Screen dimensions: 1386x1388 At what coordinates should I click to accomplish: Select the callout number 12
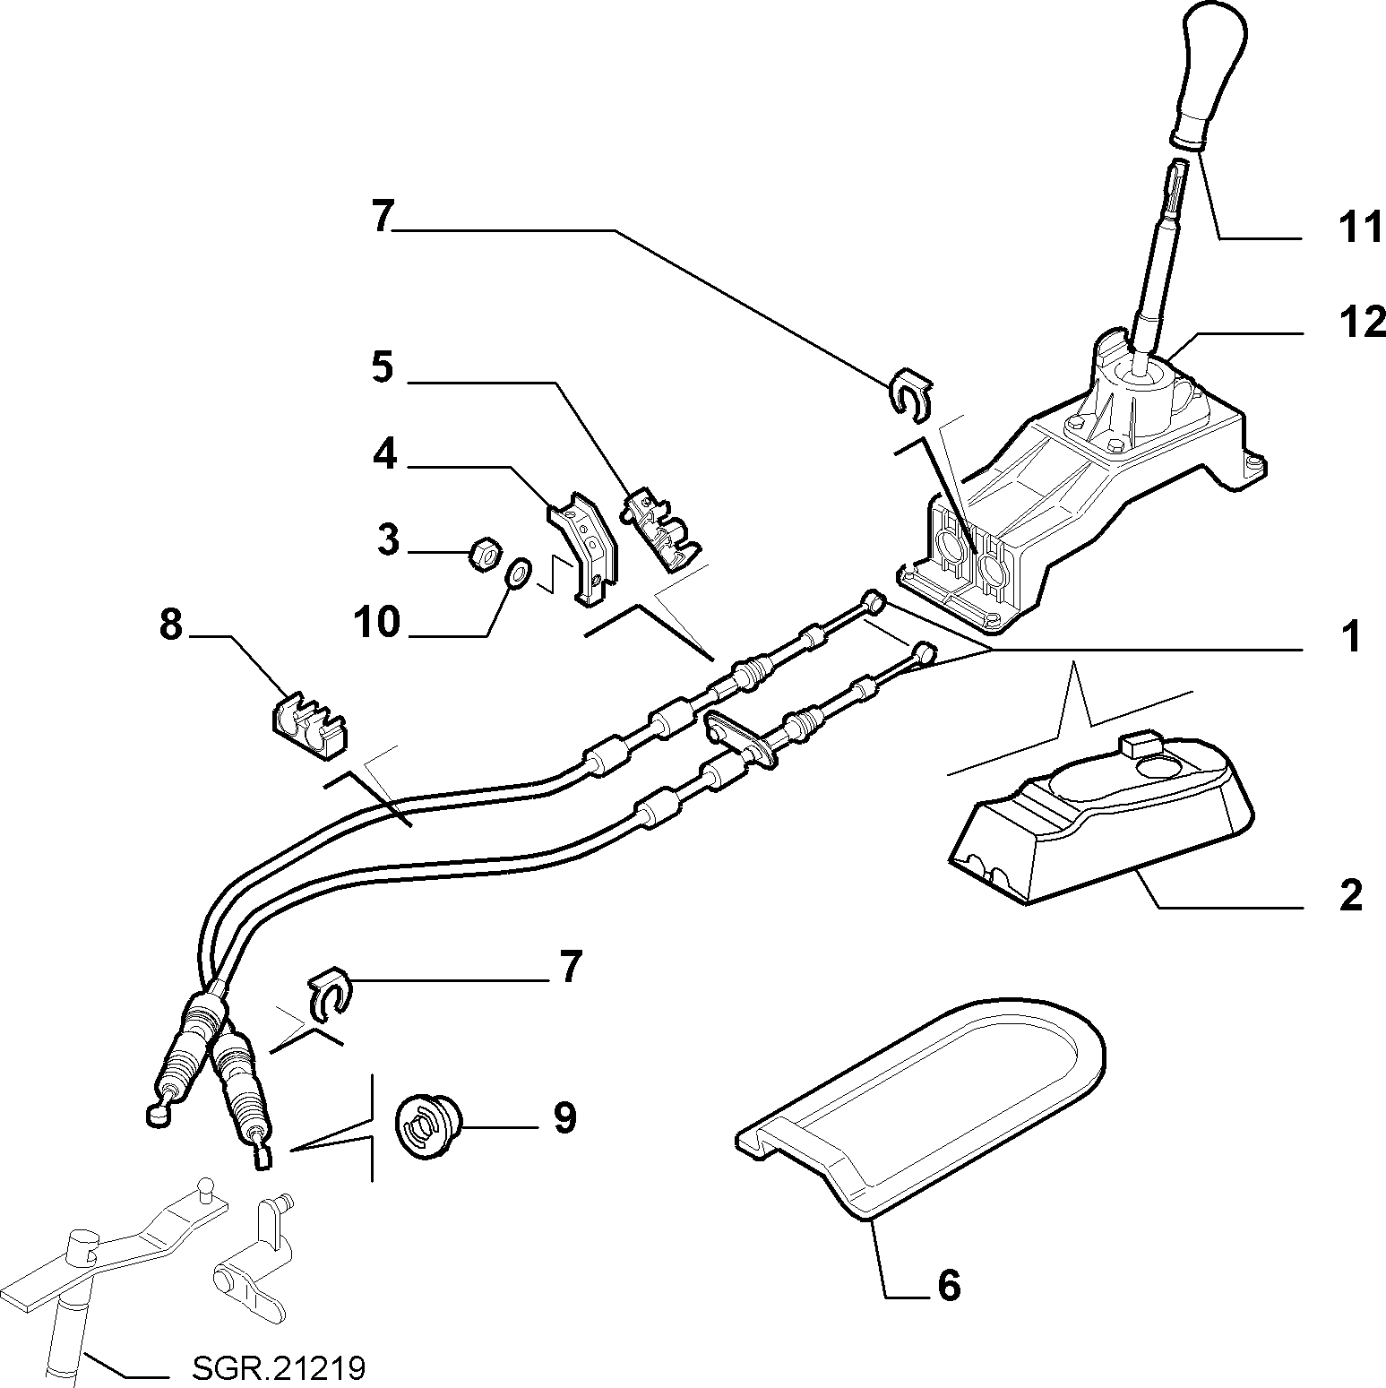click(x=1361, y=322)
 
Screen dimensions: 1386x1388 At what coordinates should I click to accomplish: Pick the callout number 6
click(x=949, y=1286)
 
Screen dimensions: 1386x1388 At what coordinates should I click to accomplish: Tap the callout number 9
click(x=564, y=1117)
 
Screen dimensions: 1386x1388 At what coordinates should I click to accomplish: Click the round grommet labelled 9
click(x=427, y=1126)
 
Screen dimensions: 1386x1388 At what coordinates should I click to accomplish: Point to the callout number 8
click(x=171, y=625)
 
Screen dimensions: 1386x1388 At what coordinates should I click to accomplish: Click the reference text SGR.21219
click(x=279, y=1369)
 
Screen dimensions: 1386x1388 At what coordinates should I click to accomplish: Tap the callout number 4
click(x=385, y=455)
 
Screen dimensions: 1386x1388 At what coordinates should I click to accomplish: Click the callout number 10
click(x=376, y=621)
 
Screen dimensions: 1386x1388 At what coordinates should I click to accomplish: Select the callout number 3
click(x=387, y=540)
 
